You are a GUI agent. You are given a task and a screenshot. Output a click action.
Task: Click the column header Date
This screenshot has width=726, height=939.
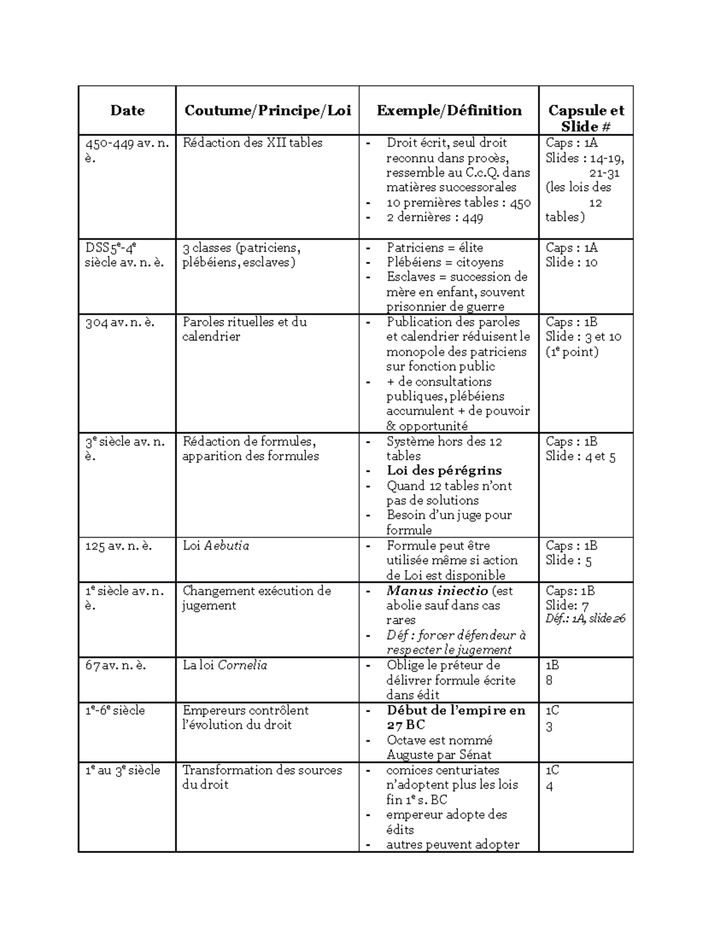click(x=127, y=111)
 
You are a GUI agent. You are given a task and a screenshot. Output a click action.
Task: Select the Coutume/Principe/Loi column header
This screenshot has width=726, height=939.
click(x=267, y=111)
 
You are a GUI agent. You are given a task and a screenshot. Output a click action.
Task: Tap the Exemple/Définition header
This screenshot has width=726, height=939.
click(x=449, y=111)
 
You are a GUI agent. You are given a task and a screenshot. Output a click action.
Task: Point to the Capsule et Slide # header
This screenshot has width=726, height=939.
click(x=586, y=118)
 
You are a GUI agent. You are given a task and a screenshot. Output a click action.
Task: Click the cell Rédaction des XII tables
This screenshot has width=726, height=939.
click(x=252, y=143)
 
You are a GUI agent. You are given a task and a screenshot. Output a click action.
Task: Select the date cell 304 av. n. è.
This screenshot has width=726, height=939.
click(x=120, y=322)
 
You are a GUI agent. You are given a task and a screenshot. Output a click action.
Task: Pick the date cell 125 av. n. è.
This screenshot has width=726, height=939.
click(x=119, y=546)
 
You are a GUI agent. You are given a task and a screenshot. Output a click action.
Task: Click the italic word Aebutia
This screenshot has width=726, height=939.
click(x=226, y=546)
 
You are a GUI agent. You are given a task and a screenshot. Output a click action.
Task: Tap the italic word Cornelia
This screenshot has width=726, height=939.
click(x=242, y=665)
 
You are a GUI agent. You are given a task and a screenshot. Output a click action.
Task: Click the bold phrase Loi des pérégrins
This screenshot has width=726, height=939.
click(x=444, y=471)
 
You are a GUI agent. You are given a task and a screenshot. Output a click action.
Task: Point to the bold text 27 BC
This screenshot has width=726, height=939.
click(x=406, y=725)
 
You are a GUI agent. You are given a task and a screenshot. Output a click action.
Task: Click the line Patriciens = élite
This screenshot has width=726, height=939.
click(x=434, y=248)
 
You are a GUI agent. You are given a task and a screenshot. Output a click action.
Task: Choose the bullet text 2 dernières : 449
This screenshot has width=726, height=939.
click(x=434, y=218)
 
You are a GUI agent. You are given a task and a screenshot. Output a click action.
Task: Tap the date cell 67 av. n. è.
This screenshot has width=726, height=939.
click(x=116, y=665)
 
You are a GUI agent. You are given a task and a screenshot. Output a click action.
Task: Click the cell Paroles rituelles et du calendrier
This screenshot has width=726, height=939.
click(x=244, y=330)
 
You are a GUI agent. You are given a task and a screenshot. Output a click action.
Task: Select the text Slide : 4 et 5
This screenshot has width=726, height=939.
click(x=580, y=457)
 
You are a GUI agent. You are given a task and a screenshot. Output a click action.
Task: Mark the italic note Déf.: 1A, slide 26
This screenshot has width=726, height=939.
click(x=585, y=619)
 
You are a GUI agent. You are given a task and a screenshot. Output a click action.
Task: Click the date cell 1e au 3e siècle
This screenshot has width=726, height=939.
click(x=123, y=770)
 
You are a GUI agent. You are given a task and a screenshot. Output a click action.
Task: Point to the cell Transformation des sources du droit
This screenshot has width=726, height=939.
click(x=261, y=778)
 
